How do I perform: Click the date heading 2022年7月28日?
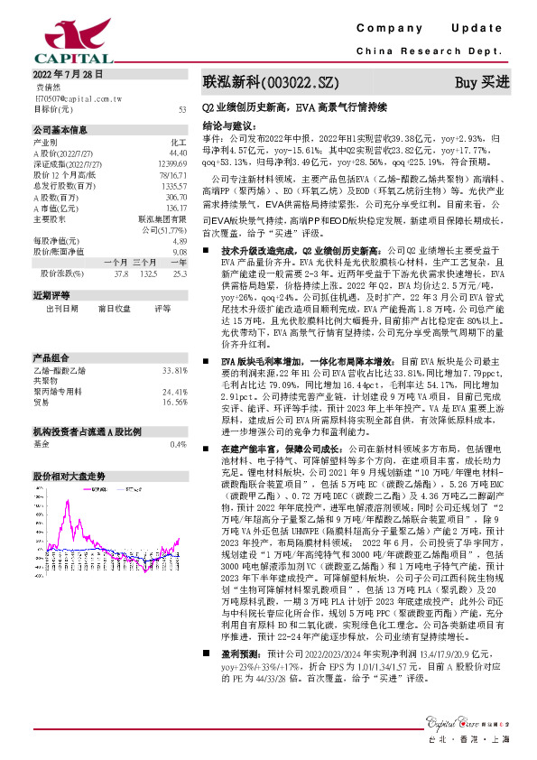(x=69, y=76)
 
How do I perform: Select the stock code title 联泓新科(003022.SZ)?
(x=270, y=82)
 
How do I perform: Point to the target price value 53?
(x=182, y=109)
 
